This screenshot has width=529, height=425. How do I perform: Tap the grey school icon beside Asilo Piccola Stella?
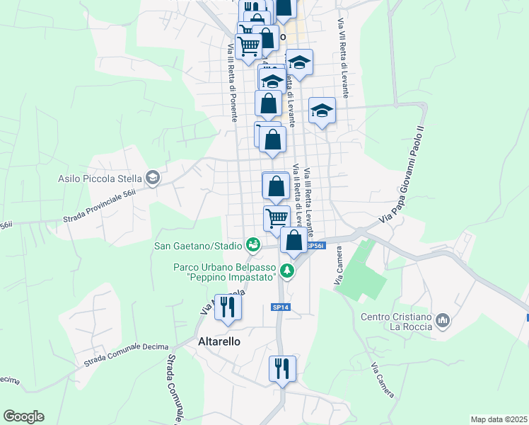tap(151, 178)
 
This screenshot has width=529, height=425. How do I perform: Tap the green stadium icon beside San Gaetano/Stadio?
tap(252, 245)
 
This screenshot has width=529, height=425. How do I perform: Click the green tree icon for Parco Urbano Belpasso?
tap(286, 270)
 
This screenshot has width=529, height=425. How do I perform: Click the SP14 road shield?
tap(280, 307)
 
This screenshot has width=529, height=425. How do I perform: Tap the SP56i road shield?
tap(315, 246)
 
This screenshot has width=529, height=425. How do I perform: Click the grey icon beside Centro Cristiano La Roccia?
tap(443, 322)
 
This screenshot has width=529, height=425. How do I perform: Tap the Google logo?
tap(23, 416)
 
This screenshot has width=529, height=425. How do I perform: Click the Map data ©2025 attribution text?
tap(499, 419)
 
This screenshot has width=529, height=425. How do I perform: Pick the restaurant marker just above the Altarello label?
tap(228, 307)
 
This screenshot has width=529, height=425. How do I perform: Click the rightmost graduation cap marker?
tap(322, 110)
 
